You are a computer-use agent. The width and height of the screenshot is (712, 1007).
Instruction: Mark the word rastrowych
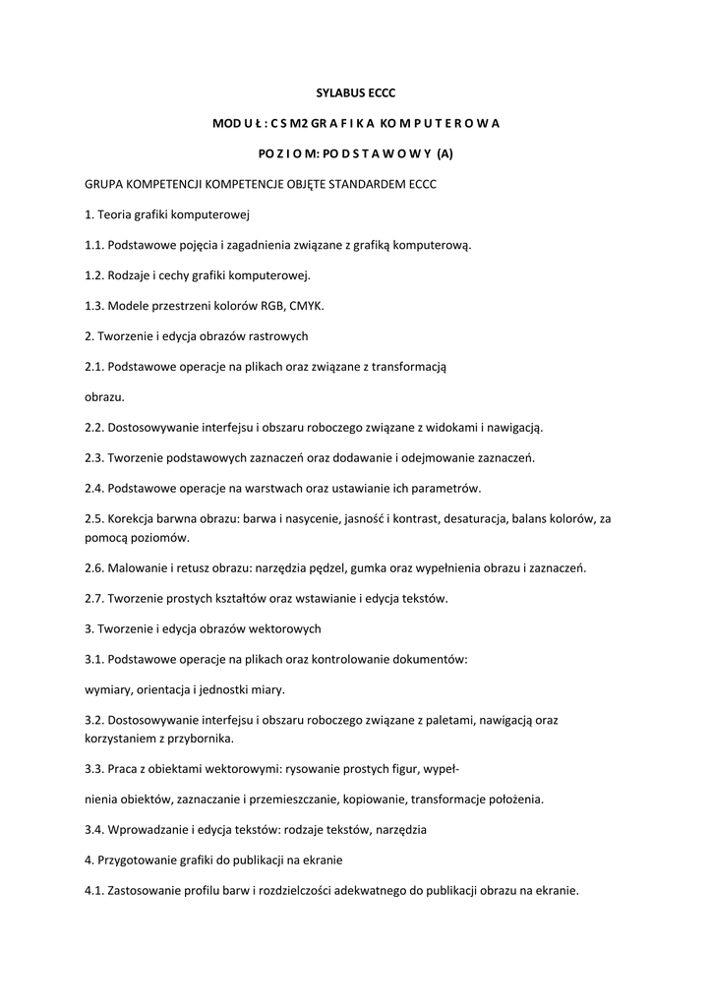tap(276, 336)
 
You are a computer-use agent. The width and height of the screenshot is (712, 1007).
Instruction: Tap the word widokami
tap(454, 428)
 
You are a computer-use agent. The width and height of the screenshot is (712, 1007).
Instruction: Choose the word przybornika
tap(203, 739)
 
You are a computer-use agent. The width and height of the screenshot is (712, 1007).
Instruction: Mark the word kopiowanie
tap(375, 800)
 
